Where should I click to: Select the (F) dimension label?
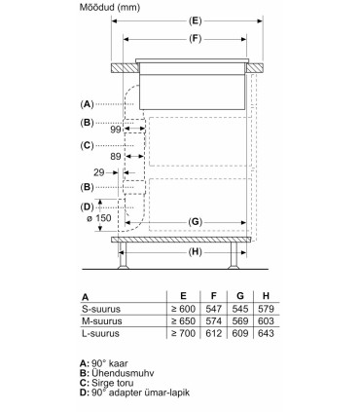pos(195,39)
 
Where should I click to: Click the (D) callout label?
pos(88,206)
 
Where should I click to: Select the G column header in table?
pos(240,295)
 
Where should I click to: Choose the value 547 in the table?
pos(214,309)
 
